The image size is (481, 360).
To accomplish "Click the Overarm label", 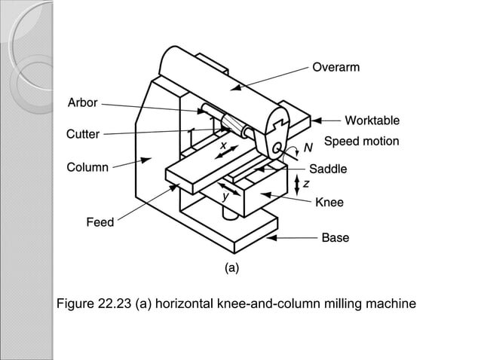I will (335, 68).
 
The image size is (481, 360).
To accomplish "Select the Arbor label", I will (82, 103).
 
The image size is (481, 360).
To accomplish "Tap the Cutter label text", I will (82, 135).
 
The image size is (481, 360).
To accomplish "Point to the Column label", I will (87, 167).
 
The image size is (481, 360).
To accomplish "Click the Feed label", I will (100, 222).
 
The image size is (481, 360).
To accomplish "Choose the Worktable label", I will (372, 121).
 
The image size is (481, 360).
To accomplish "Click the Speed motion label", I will (361, 142).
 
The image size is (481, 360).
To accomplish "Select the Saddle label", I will (328, 169).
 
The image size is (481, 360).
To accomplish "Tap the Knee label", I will (329, 203).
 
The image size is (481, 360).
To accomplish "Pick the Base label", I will (335, 238).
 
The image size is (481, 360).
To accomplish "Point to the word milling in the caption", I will (348, 304).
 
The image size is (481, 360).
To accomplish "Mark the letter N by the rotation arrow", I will (308, 148).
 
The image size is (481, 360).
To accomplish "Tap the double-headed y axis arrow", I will (225, 188).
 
